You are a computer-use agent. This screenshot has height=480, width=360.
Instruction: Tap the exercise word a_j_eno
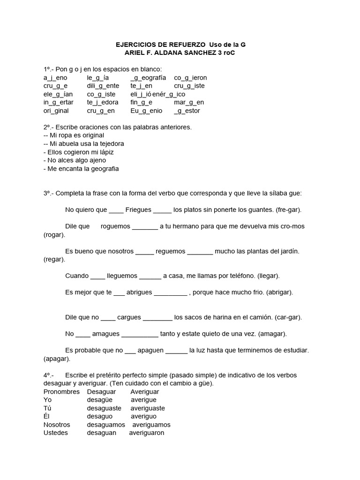(55, 77)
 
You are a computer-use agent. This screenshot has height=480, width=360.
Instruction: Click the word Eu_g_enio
(146, 111)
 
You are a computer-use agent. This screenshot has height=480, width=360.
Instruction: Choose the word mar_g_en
(189, 102)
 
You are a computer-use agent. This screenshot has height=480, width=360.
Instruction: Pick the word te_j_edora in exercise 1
(103, 102)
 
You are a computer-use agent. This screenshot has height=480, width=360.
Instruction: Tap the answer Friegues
(138, 210)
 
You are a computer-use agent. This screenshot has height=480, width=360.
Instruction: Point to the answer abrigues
(139, 292)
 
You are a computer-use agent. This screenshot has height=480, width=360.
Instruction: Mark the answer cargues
(129, 317)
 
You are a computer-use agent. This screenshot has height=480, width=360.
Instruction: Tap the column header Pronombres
(61, 391)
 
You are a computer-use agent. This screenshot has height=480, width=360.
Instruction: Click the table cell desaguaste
(104, 408)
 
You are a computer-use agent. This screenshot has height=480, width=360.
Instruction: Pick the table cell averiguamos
(150, 424)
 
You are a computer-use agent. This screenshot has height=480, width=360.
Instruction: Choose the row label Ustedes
(56, 433)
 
